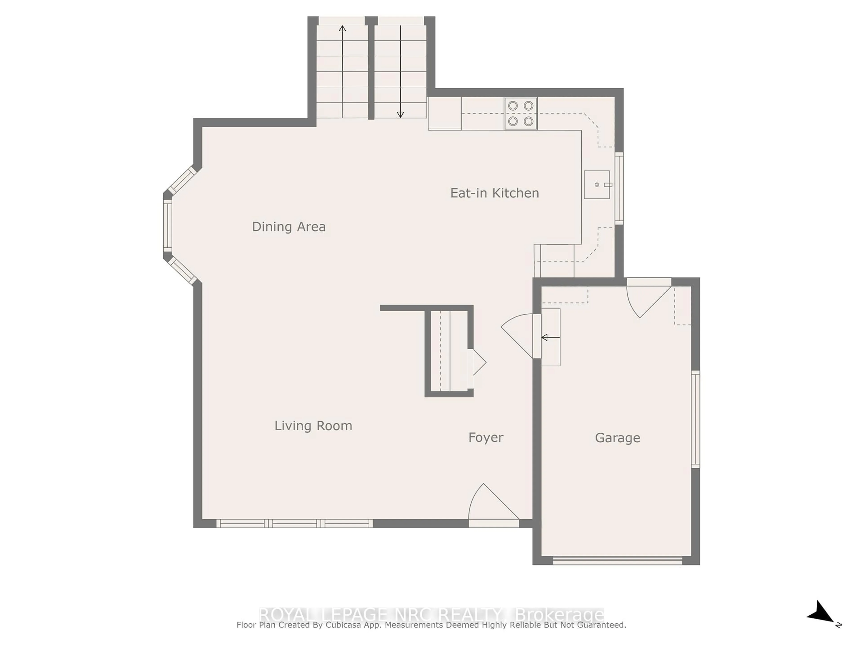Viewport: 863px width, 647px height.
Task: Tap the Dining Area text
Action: [289, 227]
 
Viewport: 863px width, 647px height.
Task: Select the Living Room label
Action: [313, 425]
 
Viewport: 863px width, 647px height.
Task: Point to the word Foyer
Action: [486, 438]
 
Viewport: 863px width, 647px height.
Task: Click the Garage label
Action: [618, 438]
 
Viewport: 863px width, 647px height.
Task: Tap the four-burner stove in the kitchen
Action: [521, 113]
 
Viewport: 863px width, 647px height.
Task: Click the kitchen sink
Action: [597, 184]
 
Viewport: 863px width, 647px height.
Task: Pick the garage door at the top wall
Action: [649, 297]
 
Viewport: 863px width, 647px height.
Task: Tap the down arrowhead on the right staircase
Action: [400, 115]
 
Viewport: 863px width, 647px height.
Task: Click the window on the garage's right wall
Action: [696, 419]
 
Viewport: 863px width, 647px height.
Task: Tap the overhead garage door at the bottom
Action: [618, 561]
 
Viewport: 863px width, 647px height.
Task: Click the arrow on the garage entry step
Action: [550, 337]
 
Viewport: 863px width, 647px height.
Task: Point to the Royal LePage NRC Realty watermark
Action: [431, 615]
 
